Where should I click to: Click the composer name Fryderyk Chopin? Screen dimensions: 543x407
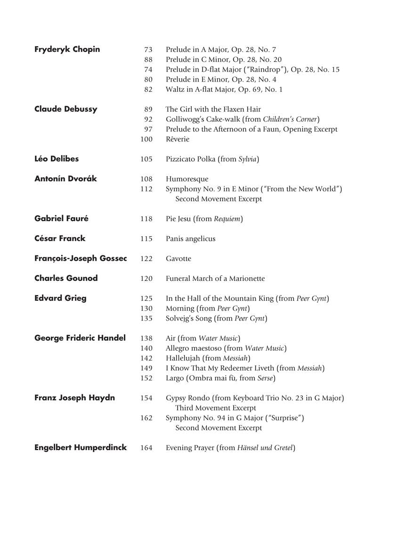(67, 49)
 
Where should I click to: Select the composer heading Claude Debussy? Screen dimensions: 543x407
(65, 109)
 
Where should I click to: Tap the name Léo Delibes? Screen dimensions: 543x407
(57, 159)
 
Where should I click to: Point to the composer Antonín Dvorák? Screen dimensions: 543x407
(65, 179)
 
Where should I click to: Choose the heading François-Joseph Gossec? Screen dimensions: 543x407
(81, 258)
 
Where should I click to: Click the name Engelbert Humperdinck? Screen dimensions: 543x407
(81, 447)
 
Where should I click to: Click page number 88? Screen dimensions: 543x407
(148, 59)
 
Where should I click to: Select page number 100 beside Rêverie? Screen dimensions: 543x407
(147, 139)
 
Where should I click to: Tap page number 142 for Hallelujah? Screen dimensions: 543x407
(147, 358)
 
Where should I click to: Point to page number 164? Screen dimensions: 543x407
(147, 448)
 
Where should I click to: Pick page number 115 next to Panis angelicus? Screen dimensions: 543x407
(147, 239)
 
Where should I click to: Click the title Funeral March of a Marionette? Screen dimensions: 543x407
(215, 279)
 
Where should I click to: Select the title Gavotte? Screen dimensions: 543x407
(179, 259)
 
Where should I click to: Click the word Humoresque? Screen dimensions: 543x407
(187, 179)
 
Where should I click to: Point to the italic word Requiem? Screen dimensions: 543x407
(228, 219)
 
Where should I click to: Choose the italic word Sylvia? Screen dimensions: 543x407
(247, 159)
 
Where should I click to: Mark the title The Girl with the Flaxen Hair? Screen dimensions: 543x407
(213, 109)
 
